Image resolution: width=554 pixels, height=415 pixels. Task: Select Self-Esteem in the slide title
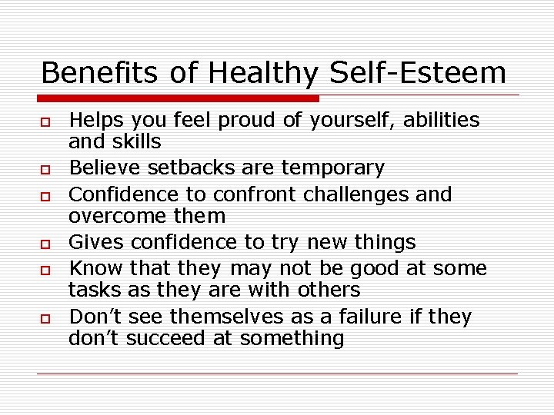coord(418,73)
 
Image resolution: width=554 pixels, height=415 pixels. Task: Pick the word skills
coord(137,141)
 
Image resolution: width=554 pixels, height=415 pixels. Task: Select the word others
coord(322,290)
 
